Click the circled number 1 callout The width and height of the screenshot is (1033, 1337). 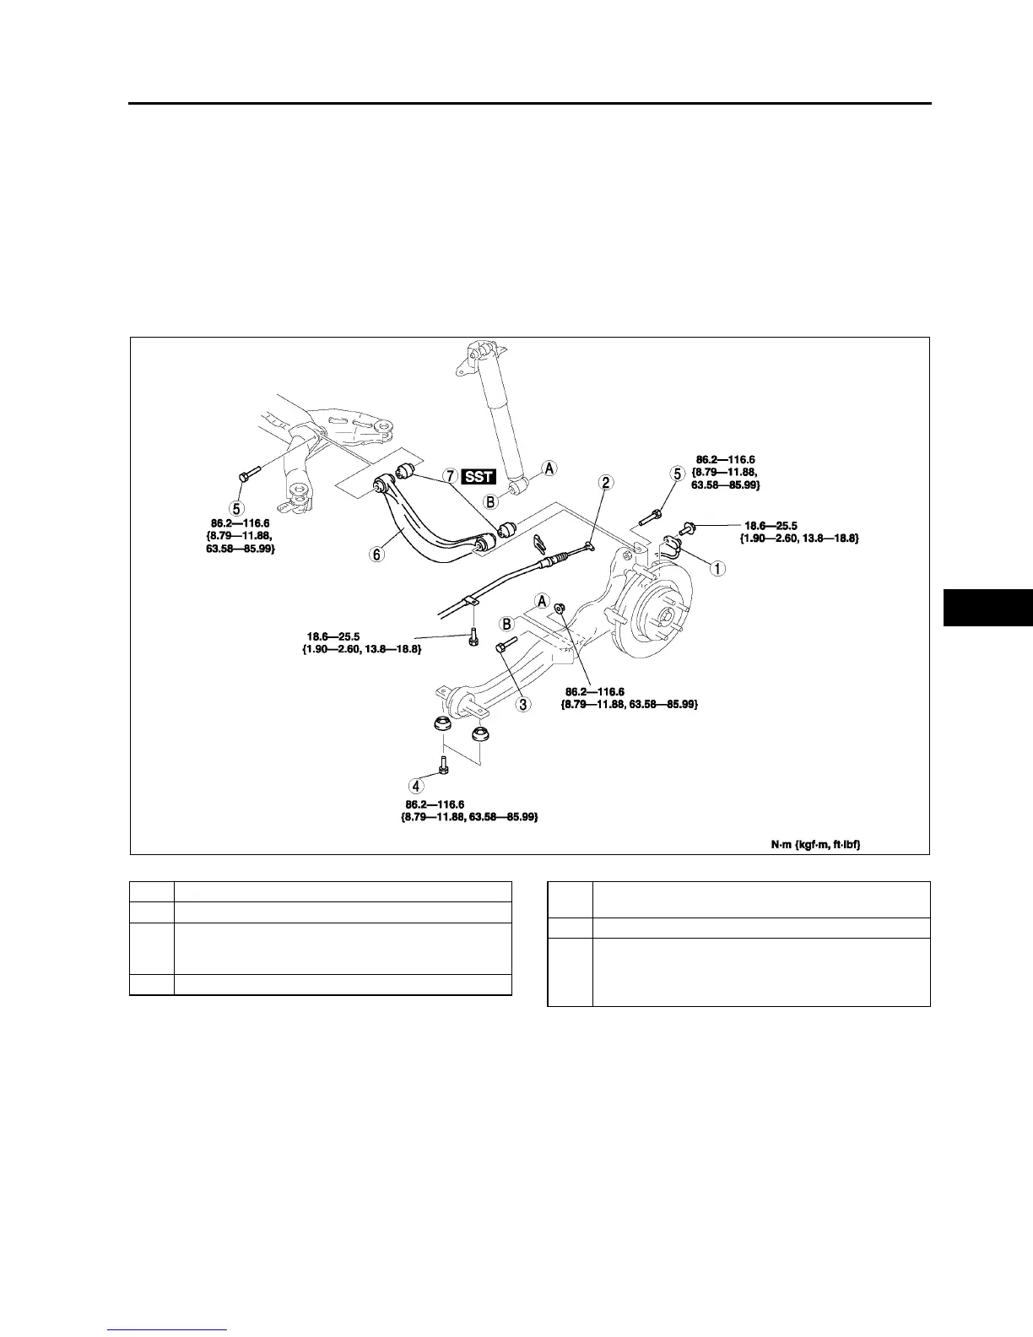pyautogui.click(x=717, y=568)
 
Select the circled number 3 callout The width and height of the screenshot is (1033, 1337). pyautogui.click(x=524, y=704)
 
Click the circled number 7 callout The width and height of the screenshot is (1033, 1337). pyautogui.click(x=452, y=476)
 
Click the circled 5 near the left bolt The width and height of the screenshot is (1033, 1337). pyautogui.click(x=240, y=508)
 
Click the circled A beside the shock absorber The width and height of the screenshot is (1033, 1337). pyautogui.click(x=549, y=468)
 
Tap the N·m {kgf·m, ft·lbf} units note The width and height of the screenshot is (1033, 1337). pyautogui.click(x=815, y=843)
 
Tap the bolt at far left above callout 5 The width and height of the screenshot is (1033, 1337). pyautogui.click(x=246, y=474)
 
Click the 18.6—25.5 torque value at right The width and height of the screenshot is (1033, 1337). pyautogui.click(x=771, y=526)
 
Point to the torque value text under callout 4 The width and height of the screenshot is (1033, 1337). pyautogui.click(x=469, y=811)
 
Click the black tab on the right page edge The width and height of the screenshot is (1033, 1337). pyautogui.click(x=987, y=608)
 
